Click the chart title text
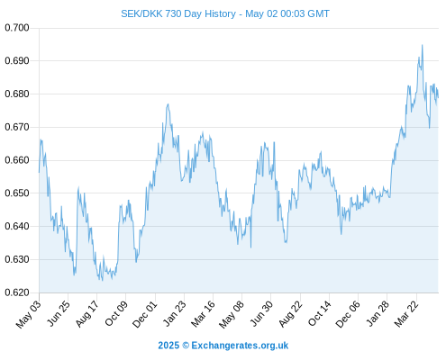coord(225,13)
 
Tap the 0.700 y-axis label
coord(17,28)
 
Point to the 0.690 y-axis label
coord(17,61)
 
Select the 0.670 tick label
coord(17,127)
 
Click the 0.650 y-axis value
coord(17,193)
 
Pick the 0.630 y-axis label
coord(17,259)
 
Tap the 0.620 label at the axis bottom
coord(17,292)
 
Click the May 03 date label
coord(29,314)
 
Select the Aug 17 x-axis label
coord(86,314)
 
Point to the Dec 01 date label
coord(145,314)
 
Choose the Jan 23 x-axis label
coord(175,313)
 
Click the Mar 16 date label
coord(204,313)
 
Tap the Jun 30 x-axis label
coord(261,313)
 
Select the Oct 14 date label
coord(320,313)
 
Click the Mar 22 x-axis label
coord(406,313)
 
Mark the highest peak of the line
coord(422,45)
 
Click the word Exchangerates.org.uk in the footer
coord(240,346)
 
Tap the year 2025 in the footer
coord(168,346)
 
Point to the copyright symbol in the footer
coord(186,346)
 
